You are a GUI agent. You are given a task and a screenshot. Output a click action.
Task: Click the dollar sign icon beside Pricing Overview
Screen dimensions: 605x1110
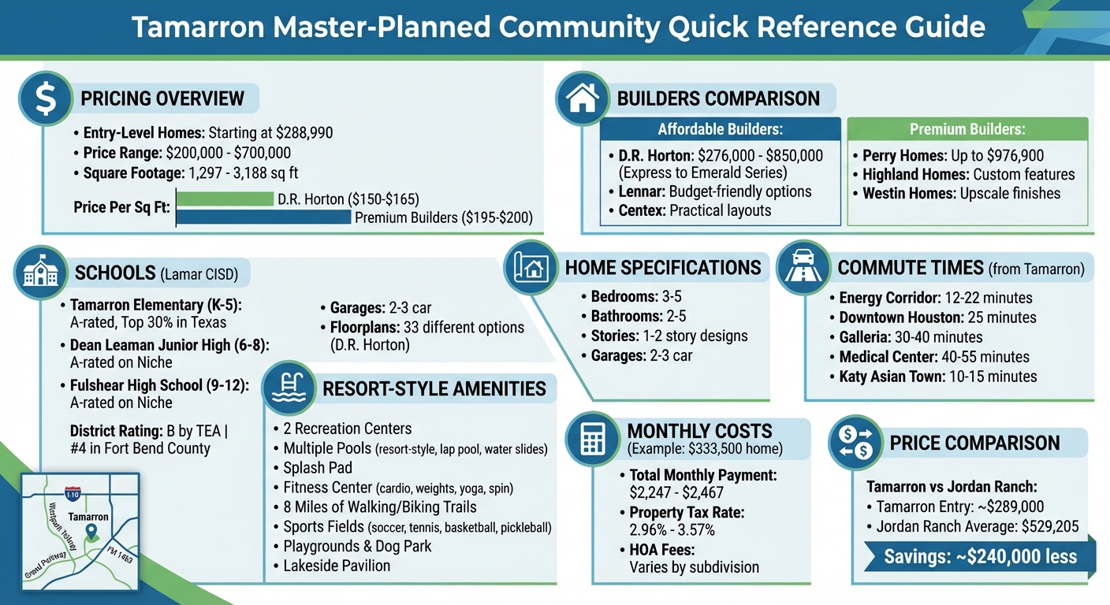click(x=46, y=98)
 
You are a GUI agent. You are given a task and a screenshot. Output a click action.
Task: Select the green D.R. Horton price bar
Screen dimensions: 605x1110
click(x=225, y=199)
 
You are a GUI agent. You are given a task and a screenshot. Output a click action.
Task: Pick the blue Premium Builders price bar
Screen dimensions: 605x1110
click(x=263, y=217)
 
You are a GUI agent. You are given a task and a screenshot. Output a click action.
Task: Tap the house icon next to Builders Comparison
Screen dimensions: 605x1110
click(x=583, y=98)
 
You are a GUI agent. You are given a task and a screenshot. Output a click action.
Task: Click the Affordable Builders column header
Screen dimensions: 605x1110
click(x=721, y=129)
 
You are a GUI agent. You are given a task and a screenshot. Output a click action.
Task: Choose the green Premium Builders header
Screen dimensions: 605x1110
click(x=967, y=129)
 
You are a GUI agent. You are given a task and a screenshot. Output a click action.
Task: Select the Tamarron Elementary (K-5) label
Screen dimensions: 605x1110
click(x=155, y=305)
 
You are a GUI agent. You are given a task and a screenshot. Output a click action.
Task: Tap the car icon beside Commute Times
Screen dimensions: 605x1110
click(x=803, y=267)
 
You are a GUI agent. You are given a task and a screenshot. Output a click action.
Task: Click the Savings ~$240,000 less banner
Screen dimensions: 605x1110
click(x=979, y=556)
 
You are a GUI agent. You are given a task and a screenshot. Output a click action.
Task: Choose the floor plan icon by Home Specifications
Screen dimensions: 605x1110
click(x=531, y=267)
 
